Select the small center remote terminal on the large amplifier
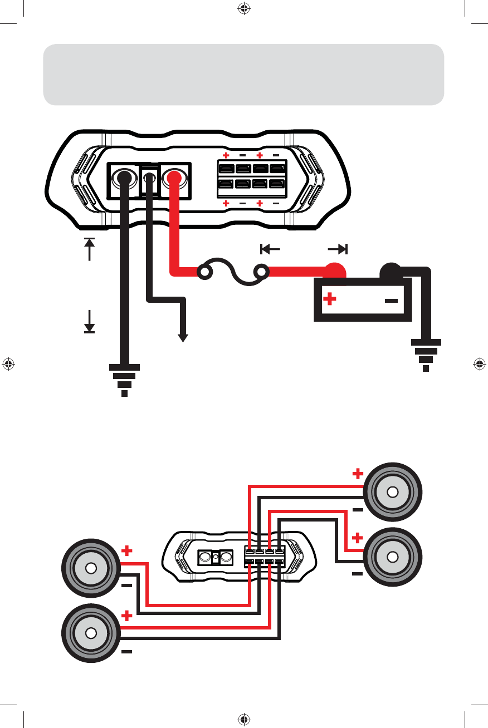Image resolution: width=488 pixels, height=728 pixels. point(149,179)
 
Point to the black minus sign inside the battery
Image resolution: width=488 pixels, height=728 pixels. point(392,301)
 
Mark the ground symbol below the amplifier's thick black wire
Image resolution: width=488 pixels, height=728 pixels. point(125,379)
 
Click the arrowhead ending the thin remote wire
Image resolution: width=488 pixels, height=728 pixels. point(183,337)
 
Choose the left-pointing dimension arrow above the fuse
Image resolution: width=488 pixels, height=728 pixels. point(270,248)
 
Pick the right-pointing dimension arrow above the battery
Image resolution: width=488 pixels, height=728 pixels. point(339,248)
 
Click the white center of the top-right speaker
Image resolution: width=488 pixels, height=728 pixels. point(393,492)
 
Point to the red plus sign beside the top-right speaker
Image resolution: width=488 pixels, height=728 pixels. point(358,474)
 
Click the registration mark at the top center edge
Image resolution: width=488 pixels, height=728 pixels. point(243,8)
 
